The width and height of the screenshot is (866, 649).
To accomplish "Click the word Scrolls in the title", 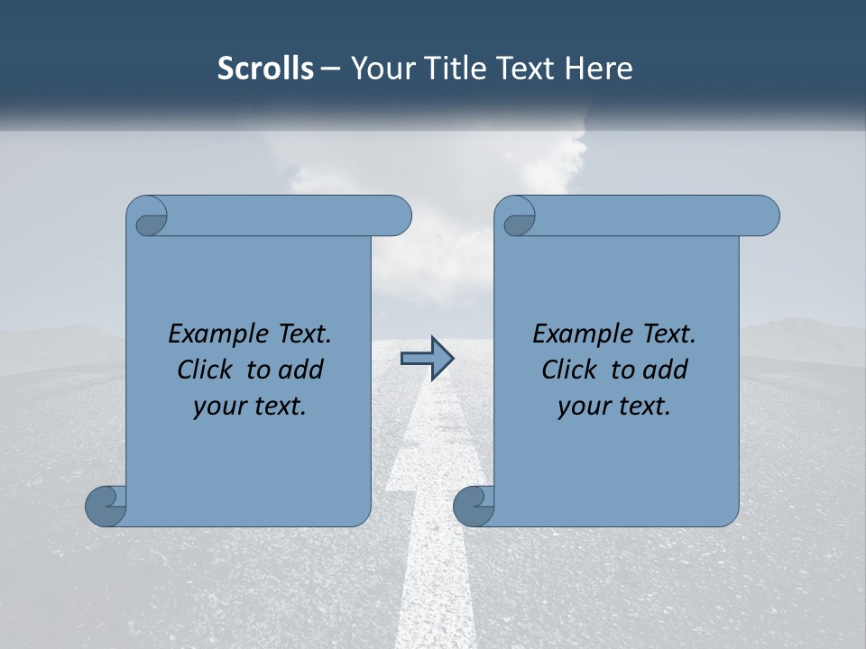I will point(265,69).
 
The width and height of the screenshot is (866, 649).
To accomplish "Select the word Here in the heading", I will point(598,69).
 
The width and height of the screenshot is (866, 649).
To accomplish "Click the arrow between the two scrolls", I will point(427,359).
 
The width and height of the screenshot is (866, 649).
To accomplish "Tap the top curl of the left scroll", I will point(148,217).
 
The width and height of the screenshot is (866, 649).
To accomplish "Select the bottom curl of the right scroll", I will point(474,506).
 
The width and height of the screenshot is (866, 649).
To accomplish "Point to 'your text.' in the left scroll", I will point(250,407).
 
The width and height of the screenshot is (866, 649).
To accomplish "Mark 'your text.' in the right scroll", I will point(614,407).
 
